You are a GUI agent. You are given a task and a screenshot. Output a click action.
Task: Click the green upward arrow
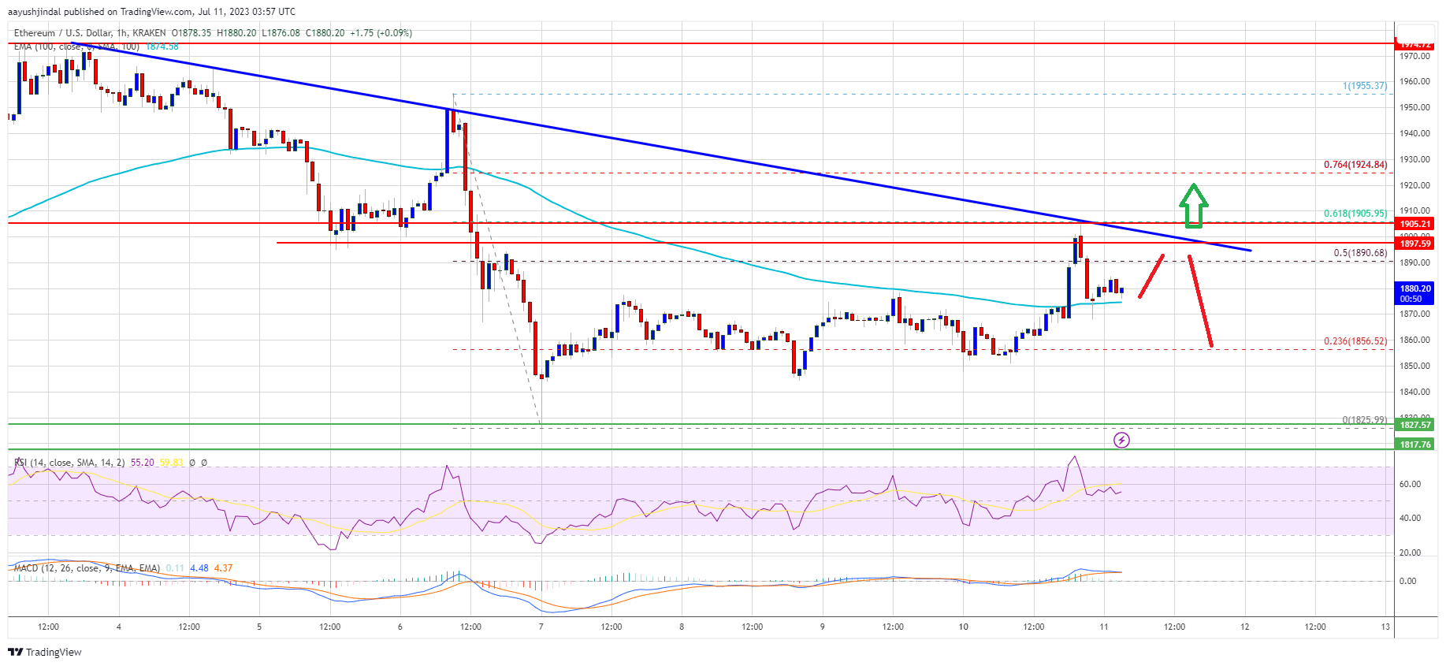pos(1194,206)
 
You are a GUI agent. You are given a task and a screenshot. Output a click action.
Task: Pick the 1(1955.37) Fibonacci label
pos(1365,86)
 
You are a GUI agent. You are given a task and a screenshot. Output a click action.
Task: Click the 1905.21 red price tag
pos(1415,224)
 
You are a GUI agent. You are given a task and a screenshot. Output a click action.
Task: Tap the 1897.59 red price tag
pos(1415,244)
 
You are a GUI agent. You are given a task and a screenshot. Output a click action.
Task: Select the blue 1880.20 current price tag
pos(1415,293)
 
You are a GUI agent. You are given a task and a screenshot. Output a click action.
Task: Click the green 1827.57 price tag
pos(1415,425)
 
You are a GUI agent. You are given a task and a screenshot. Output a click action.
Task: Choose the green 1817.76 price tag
pos(1415,445)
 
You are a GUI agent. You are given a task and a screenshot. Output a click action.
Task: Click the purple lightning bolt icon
pos(1121,440)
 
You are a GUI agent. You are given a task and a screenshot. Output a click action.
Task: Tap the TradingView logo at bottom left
pos(45,652)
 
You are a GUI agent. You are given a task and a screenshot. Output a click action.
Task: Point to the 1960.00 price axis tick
pos(1414,82)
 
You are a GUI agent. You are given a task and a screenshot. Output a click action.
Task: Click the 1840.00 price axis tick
pos(1414,392)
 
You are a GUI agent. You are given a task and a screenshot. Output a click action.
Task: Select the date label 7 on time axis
pos(541,627)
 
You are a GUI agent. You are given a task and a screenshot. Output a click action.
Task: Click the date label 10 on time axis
pos(963,627)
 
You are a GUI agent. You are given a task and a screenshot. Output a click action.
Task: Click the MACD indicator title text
pos(87,568)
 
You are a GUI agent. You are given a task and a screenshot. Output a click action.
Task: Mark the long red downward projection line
pos(1200,301)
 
